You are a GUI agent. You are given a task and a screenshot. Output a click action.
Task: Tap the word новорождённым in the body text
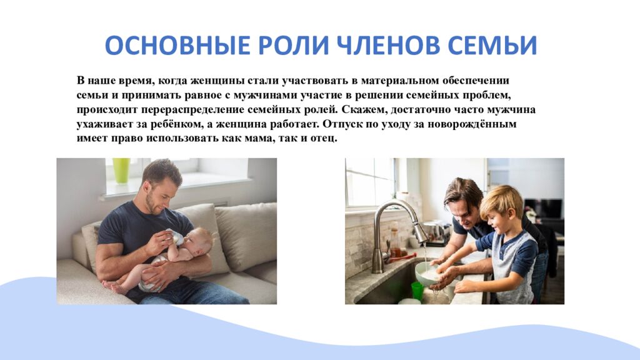coord(477,124)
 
